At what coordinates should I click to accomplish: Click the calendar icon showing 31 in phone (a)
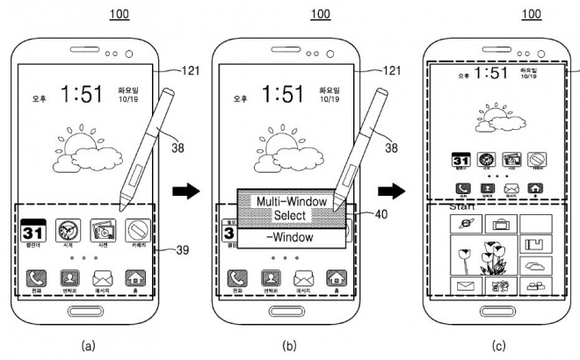[x=33, y=233]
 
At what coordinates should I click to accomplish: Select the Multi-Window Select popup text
[x=291, y=208]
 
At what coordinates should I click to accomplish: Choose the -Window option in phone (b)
[x=291, y=238]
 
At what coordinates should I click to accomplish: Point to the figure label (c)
[x=498, y=347]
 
